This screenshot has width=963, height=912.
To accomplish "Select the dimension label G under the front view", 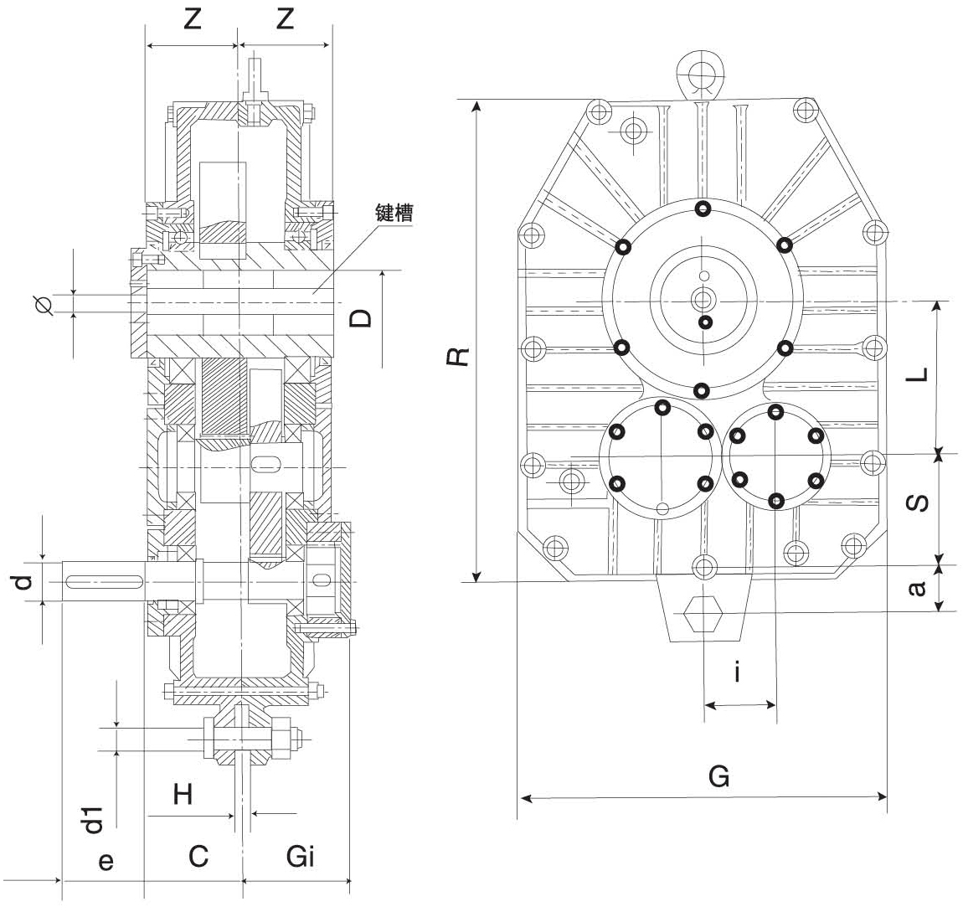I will pyautogui.click(x=718, y=776).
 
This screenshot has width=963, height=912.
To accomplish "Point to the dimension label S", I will pyautogui.click(x=918, y=502).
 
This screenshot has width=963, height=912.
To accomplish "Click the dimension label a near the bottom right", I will pyautogui.click(x=918, y=589).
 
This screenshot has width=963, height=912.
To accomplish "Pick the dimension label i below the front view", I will pyautogui.click(x=736, y=672).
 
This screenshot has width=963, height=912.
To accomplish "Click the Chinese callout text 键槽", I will pyautogui.click(x=392, y=212).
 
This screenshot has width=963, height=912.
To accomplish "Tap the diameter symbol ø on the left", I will pyautogui.click(x=46, y=305).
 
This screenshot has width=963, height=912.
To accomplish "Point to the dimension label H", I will pyautogui.click(x=183, y=794).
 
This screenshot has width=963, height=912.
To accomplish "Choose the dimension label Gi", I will pyautogui.click(x=300, y=857).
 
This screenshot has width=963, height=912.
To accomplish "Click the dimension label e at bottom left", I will pyautogui.click(x=106, y=860).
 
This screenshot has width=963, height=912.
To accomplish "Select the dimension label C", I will pyautogui.click(x=198, y=857).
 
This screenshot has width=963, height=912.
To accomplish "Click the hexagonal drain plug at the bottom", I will pyautogui.click(x=702, y=618).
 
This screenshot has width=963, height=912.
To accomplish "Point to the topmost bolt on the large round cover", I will pyautogui.click(x=703, y=208).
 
